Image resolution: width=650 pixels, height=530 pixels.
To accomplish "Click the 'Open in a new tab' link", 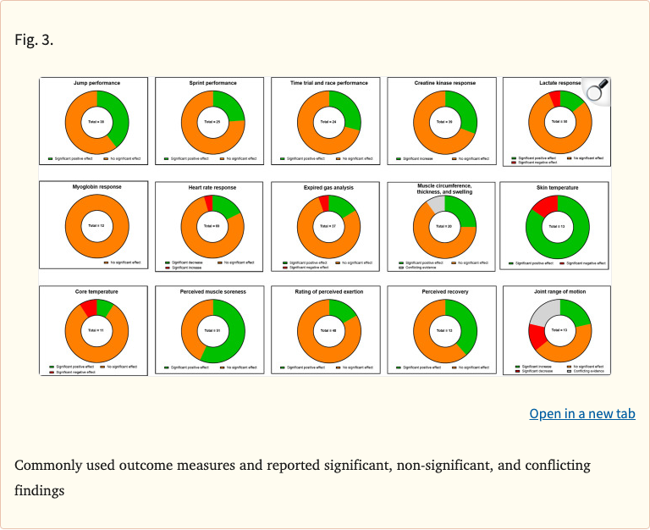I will point(581,413).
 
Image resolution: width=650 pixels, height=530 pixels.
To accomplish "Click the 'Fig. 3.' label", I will point(34,40).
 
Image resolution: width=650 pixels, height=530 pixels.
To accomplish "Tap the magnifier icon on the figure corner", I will point(598,90).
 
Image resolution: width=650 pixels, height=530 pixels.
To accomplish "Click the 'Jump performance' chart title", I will point(96,83).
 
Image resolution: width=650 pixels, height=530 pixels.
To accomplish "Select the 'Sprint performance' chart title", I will point(212,83).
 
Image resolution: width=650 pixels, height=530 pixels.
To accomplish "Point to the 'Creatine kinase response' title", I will point(444,83).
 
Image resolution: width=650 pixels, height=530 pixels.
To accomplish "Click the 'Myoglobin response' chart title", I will point(96,186).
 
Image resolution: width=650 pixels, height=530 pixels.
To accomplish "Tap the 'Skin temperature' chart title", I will point(559,187).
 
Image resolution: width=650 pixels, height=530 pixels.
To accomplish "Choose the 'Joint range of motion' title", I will point(559,291).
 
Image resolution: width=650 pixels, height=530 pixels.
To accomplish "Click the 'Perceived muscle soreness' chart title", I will point(212,291).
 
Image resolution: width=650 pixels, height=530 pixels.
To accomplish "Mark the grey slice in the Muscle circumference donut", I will point(435,202).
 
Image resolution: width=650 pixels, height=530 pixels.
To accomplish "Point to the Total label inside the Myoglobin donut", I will point(96,226).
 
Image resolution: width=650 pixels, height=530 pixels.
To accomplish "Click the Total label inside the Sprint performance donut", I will point(212,122).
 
